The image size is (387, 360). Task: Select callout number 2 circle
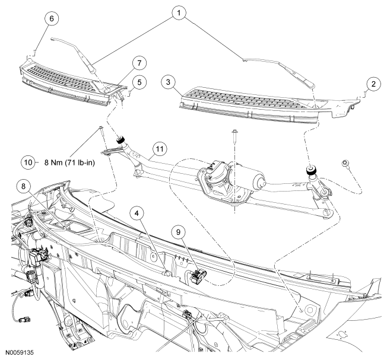[373, 85]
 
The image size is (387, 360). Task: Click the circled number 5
[138, 81]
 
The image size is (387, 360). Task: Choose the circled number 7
[138, 62]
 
